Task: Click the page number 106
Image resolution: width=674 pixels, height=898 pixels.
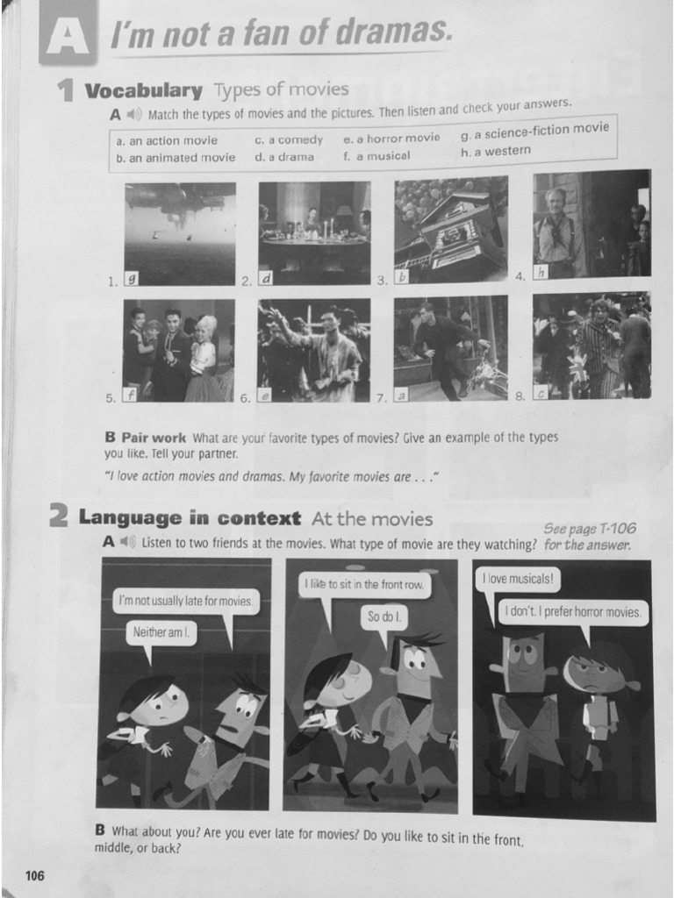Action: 34,875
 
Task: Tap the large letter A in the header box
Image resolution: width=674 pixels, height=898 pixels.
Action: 67,38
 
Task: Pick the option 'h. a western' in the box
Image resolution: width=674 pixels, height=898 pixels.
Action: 495,151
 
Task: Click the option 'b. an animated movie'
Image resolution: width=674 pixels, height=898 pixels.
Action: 176,158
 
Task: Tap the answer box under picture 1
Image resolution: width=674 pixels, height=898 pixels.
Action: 132,279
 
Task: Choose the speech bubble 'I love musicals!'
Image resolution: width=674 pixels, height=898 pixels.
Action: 518,580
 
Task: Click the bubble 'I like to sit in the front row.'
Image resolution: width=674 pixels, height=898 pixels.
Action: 364,584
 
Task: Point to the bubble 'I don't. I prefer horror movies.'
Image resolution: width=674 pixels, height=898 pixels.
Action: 574,611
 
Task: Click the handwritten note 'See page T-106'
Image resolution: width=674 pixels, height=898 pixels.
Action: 589,528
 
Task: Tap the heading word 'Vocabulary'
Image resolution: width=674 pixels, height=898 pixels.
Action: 143,90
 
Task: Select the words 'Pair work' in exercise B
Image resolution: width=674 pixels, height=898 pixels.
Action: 153,437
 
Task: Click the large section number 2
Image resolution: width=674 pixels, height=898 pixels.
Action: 58,518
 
